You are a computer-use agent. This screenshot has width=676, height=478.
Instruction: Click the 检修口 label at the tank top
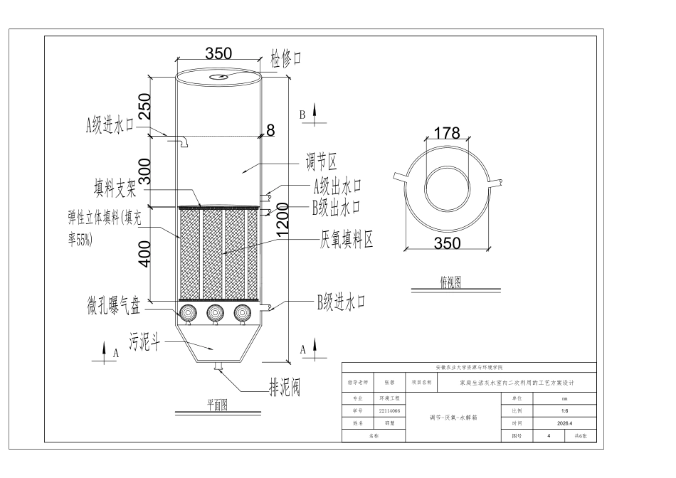[286, 58]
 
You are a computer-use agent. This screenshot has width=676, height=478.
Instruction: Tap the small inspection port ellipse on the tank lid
[218, 77]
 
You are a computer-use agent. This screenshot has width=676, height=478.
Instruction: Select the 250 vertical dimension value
[145, 106]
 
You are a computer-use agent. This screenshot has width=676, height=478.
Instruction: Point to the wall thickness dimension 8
[270, 129]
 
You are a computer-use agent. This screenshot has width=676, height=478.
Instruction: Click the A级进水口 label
[110, 125]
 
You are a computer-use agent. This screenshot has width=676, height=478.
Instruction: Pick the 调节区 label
[321, 162]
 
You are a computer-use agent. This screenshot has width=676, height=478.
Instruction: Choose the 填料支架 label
[115, 188]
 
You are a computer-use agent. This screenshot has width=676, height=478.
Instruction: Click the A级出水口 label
[337, 186]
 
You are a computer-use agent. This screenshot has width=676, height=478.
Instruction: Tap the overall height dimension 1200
[282, 221]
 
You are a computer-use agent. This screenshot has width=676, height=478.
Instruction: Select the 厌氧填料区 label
[347, 239]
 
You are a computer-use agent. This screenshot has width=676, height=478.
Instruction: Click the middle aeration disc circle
[215, 313]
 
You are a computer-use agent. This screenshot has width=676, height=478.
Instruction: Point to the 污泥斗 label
[145, 342]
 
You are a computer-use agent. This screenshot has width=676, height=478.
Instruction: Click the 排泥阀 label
[285, 387]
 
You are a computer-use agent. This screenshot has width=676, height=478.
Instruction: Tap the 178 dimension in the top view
[447, 133]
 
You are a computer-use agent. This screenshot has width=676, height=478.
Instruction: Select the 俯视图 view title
[451, 282]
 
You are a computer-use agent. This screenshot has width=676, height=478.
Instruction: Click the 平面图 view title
[217, 405]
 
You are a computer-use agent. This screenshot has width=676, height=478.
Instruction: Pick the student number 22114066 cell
[390, 410]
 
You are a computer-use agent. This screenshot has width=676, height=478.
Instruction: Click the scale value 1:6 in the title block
[565, 410]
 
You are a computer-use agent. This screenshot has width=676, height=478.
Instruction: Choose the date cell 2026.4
[565, 423]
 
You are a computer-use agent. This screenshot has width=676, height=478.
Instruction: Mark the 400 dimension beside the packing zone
[145, 254]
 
